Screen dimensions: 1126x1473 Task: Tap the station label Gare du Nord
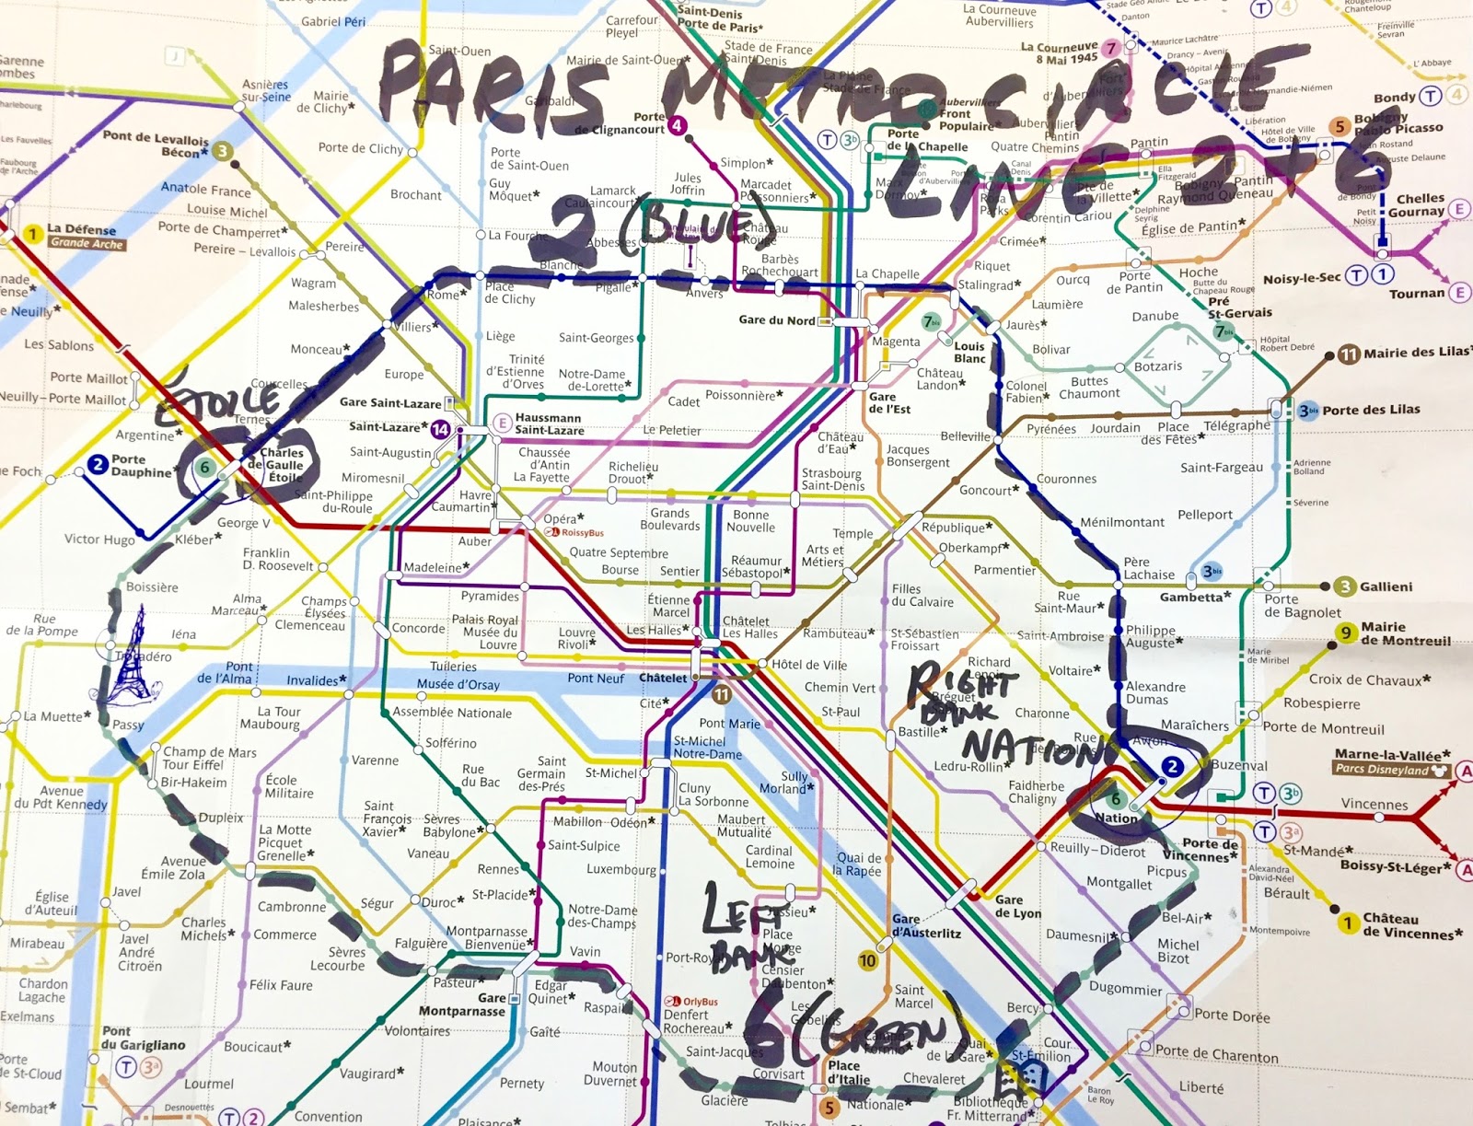(776, 320)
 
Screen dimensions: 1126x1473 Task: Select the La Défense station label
(82, 230)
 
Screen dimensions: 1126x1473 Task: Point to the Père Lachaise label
(1148, 568)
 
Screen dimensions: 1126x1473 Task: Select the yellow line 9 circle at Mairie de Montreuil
(1346, 633)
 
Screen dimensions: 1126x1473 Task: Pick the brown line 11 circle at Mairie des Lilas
(1349, 354)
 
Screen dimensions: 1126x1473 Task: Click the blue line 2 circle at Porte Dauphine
(99, 464)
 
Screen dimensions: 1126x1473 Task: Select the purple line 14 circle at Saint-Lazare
(440, 429)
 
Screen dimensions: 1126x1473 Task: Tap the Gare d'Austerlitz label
(925, 926)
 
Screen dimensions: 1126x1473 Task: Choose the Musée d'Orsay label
(458, 684)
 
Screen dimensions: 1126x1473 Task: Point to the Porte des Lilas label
(1371, 410)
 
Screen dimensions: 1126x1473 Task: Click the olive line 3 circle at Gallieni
(1345, 586)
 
